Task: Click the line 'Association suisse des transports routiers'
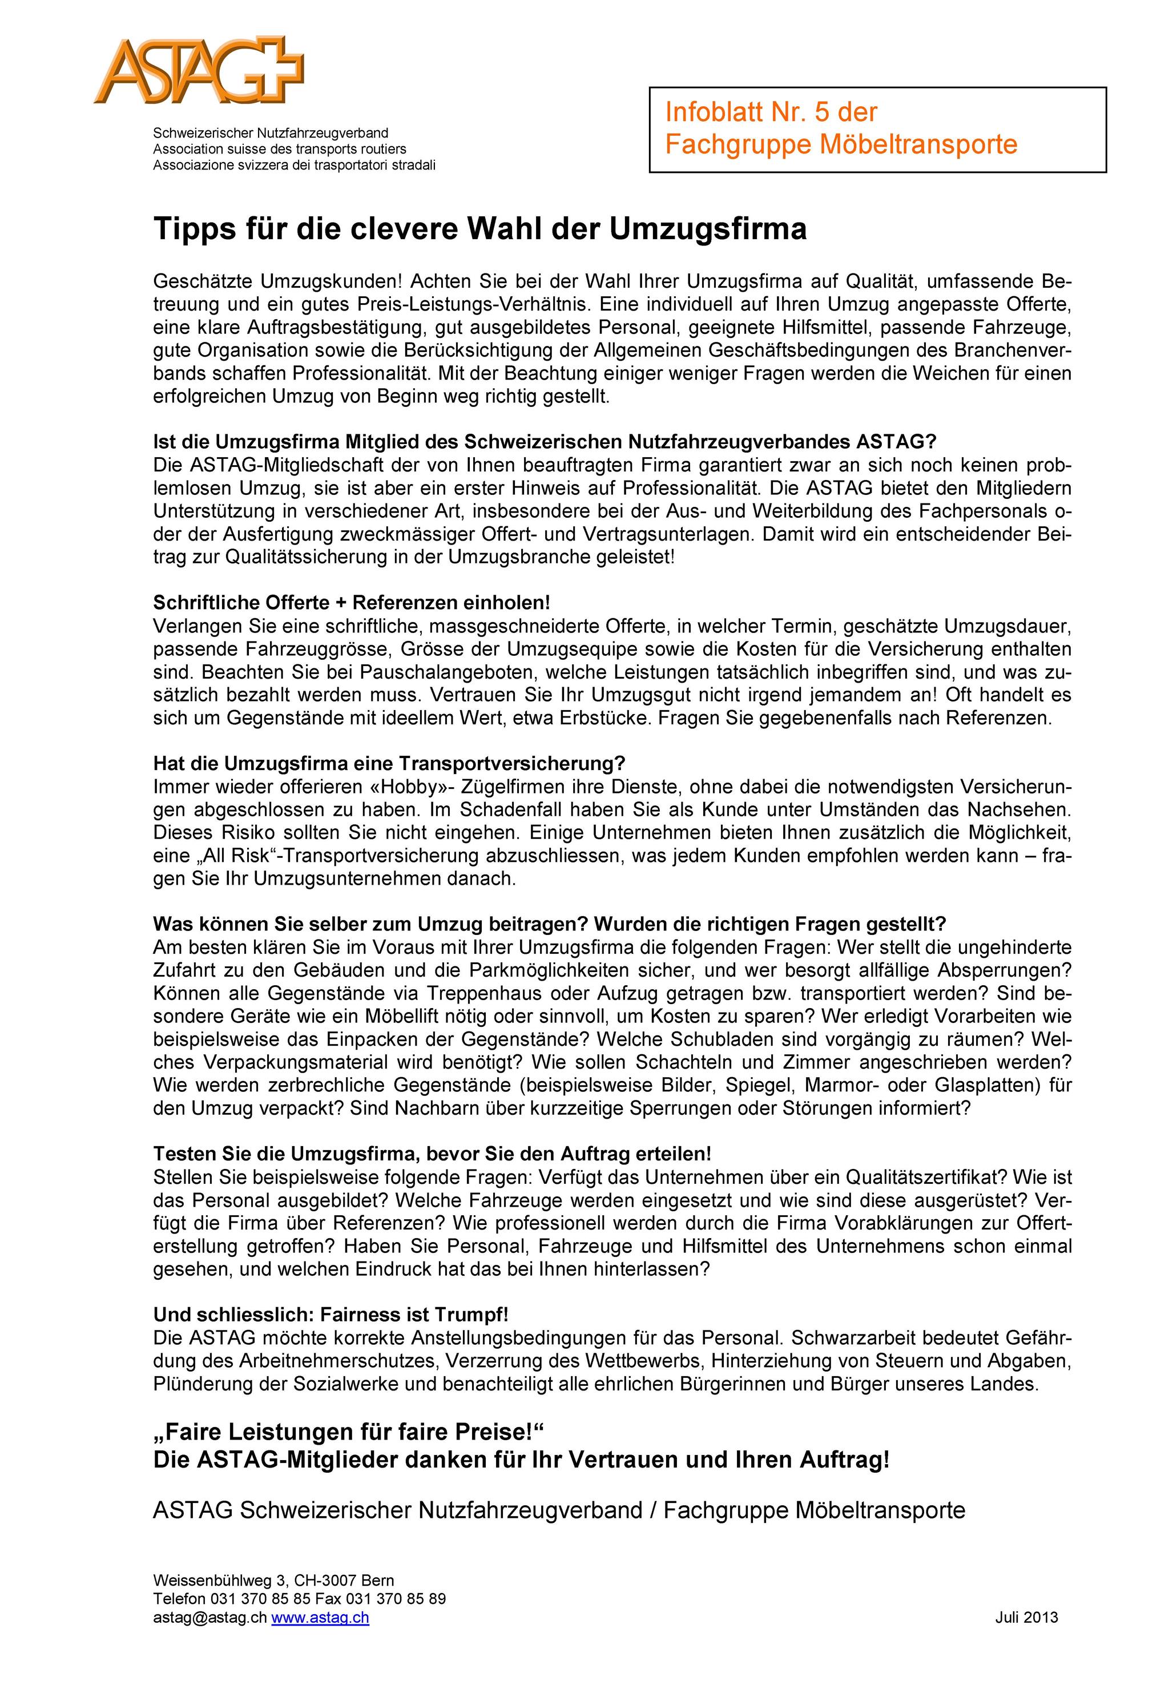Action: point(279,148)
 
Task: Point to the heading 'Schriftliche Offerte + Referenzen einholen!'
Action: point(350,603)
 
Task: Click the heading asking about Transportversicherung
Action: point(389,763)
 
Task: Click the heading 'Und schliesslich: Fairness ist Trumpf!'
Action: point(330,1314)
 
